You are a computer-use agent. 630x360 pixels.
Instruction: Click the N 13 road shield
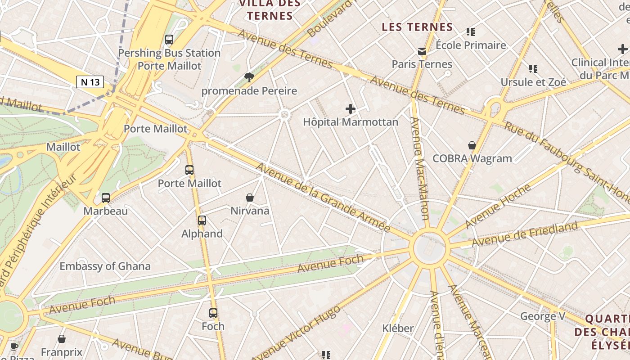(x=90, y=82)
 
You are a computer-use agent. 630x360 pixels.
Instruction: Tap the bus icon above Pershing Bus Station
(x=169, y=40)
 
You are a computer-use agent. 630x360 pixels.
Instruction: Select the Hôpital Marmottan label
(x=351, y=122)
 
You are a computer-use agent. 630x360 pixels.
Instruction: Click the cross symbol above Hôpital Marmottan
(x=350, y=108)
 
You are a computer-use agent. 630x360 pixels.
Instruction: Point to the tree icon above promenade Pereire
(x=249, y=77)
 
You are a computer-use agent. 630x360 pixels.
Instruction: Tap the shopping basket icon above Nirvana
(x=250, y=198)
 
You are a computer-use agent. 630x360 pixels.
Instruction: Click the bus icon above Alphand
(x=202, y=220)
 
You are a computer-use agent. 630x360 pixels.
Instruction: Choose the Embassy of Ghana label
(x=105, y=266)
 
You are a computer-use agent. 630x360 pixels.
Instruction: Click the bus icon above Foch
(x=213, y=313)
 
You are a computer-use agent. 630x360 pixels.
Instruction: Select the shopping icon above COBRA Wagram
(x=472, y=145)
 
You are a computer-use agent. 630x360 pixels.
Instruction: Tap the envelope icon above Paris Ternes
(x=422, y=51)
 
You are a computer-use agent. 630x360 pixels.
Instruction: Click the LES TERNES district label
(x=417, y=27)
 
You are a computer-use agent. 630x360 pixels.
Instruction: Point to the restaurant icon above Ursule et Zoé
(x=533, y=69)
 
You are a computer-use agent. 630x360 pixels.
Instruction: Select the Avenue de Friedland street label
(x=524, y=234)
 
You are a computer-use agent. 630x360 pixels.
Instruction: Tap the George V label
(x=543, y=316)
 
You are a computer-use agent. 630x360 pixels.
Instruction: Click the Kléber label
(x=398, y=328)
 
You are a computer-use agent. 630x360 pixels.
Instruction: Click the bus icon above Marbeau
(x=106, y=198)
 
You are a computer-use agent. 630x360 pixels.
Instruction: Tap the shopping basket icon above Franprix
(x=62, y=339)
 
